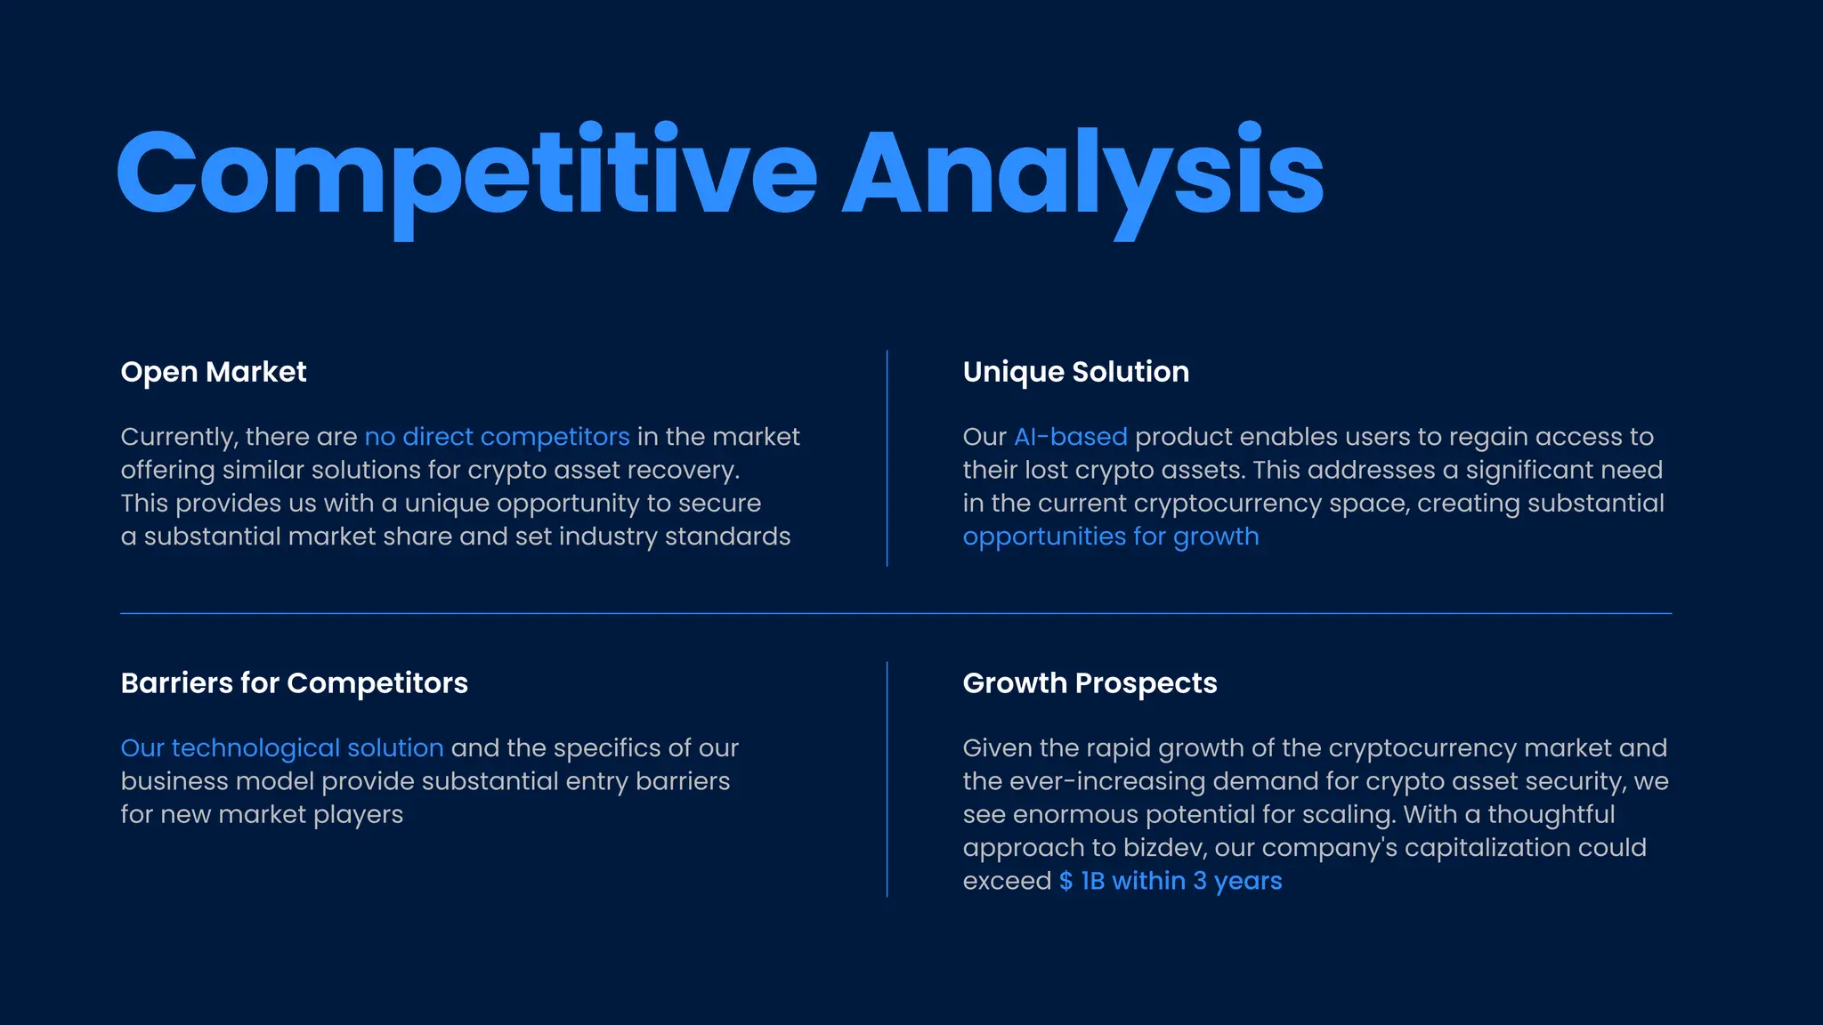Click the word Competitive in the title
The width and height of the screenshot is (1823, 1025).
coord(466,174)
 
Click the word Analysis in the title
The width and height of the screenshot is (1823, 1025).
coord(1082,174)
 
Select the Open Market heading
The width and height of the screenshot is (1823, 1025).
coord(214,372)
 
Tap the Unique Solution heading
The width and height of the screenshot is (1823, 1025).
coord(1075,372)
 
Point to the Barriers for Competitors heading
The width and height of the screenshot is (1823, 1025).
coord(294,683)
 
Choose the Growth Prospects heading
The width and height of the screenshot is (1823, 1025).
coord(1090,683)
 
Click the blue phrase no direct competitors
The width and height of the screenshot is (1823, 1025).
coord(497,437)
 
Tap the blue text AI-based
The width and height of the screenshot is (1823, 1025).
coord(1070,437)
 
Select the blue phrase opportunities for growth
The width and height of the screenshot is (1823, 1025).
coord(1110,537)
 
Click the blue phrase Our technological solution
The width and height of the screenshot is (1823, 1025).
coord(281,748)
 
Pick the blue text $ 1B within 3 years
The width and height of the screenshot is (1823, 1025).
coord(1170,881)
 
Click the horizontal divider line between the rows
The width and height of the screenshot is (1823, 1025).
coord(895,613)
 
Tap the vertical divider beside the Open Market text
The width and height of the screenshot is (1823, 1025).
coord(887,458)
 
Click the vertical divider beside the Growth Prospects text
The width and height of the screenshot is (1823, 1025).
coord(887,779)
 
